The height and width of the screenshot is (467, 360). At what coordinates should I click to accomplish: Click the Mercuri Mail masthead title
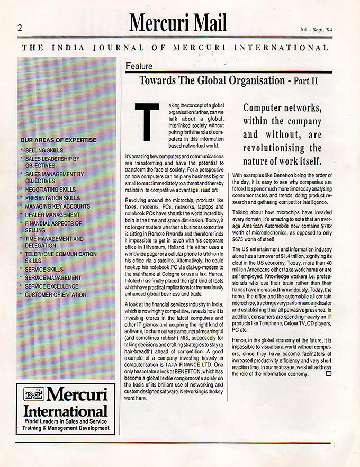tap(178, 23)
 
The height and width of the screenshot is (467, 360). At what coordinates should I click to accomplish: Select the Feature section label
tap(139, 66)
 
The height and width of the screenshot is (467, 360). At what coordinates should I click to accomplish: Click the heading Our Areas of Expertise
tap(58, 140)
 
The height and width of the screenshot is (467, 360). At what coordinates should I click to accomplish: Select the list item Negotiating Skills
tap(50, 189)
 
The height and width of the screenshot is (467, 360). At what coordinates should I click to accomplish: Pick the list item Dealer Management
tap(52, 214)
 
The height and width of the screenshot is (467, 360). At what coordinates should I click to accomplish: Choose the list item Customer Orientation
tap(56, 294)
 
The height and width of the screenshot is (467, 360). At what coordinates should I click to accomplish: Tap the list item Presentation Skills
tap(52, 197)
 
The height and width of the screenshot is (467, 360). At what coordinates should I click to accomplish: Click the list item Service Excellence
tap(52, 286)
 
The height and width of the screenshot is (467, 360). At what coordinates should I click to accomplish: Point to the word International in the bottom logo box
tap(66, 411)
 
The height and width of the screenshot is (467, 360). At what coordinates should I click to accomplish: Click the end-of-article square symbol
tap(328, 374)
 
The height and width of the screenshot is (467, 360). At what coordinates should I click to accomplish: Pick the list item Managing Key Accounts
tap(58, 206)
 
